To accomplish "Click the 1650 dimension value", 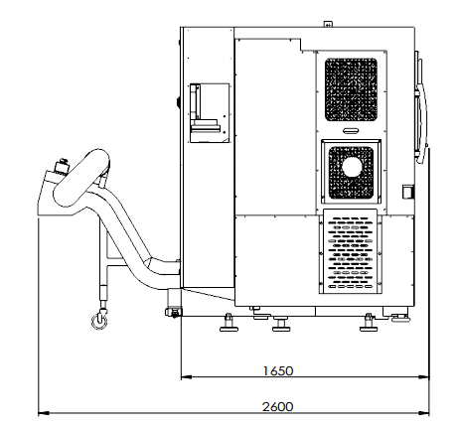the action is click(278, 370).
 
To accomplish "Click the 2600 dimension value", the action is click(278, 406).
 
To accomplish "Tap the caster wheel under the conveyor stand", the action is click(99, 321).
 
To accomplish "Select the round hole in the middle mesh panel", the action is click(352, 168).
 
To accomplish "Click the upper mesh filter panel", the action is click(351, 89).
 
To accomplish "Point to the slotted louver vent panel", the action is click(351, 251).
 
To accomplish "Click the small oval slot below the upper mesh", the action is click(351, 130).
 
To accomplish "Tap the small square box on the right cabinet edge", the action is click(408, 192).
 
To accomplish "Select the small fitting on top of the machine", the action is click(328, 24).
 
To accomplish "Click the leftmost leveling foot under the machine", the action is click(229, 323).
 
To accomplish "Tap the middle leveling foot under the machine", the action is click(281, 324).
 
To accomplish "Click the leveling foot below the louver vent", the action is click(369, 323).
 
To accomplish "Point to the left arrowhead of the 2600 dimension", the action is click(44, 413).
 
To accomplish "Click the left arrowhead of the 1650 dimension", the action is click(187, 376).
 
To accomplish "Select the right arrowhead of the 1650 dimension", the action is click(424, 376).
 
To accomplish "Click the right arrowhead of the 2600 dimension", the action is click(424, 413).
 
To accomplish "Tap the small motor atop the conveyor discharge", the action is click(62, 165).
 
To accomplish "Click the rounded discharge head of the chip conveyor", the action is click(81, 178).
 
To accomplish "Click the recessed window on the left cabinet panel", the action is click(210, 113).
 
